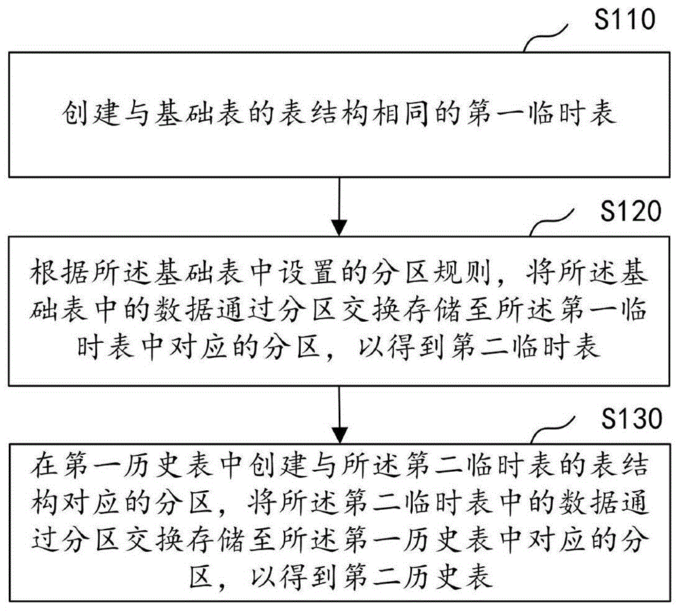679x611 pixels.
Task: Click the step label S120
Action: click(x=625, y=212)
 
